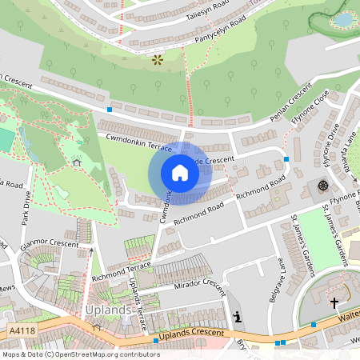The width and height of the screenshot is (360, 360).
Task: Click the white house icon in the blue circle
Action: [180, 173]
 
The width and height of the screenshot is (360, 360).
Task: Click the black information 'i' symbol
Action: [236, 317]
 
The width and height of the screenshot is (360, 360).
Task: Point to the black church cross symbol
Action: [334, 302]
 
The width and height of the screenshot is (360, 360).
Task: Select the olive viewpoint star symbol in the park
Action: [157, 59]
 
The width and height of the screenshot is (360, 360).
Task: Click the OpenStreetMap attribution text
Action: [81, 354]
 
